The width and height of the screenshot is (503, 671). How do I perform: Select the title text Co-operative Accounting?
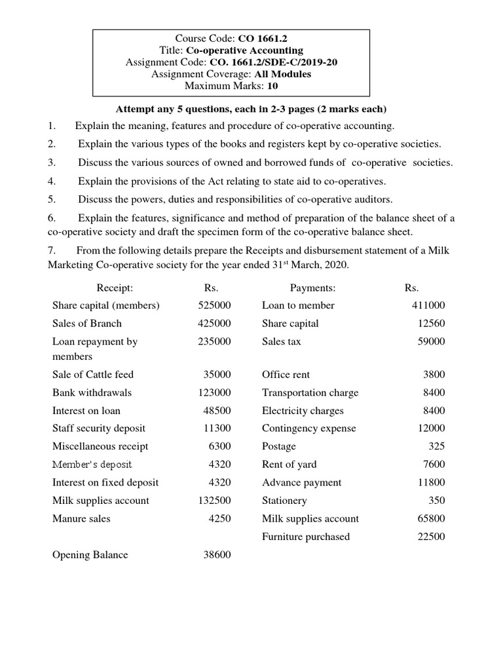(x=244, y=50)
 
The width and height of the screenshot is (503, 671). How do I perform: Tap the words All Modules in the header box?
(x=283, y=74)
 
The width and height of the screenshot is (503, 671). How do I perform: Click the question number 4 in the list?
(x=51, y=181)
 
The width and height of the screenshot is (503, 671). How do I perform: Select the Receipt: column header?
(x=115, y=288)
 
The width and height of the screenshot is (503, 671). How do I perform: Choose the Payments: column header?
(x=312, y=288)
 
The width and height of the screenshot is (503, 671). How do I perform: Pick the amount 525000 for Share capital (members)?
(x=214, y=305)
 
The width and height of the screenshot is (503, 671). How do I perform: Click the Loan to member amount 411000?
(x=428, y=305)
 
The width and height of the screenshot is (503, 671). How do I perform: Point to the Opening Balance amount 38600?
(x=217, y=555)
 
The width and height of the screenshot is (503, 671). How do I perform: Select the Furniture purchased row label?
(x=306, y=537)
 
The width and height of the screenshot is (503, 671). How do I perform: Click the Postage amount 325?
(x=436, y=446)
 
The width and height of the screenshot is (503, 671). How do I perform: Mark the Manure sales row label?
(x=81, y=519)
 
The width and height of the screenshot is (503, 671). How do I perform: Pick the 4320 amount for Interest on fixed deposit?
(x=219, y=483)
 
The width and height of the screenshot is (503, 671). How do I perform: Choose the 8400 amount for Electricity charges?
(x=434, y=411)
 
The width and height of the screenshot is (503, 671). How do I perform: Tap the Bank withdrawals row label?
(x=92, y=393)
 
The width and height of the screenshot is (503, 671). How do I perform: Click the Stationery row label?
(x=284, y=501)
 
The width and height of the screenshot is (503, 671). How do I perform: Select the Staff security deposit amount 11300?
(x=217, y=429)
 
